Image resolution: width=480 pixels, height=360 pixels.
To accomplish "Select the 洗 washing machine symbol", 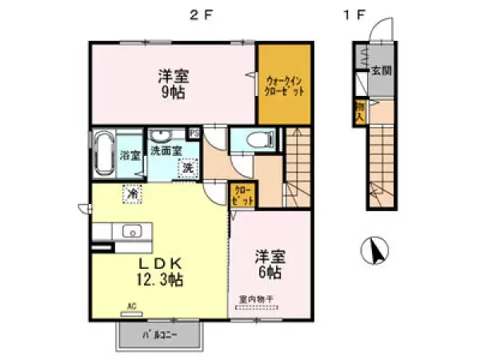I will coord(187,169).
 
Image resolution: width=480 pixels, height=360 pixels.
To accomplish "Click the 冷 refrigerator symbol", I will coord(130,193).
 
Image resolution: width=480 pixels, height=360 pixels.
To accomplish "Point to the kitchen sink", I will coord(131,231).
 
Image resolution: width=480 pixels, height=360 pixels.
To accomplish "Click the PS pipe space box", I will coord(194,133).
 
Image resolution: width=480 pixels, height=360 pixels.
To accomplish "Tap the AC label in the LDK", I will coord(133,305).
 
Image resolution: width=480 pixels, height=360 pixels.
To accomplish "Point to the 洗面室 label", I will coord(168,150).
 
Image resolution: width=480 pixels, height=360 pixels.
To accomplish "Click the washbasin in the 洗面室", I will coord(162,136).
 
